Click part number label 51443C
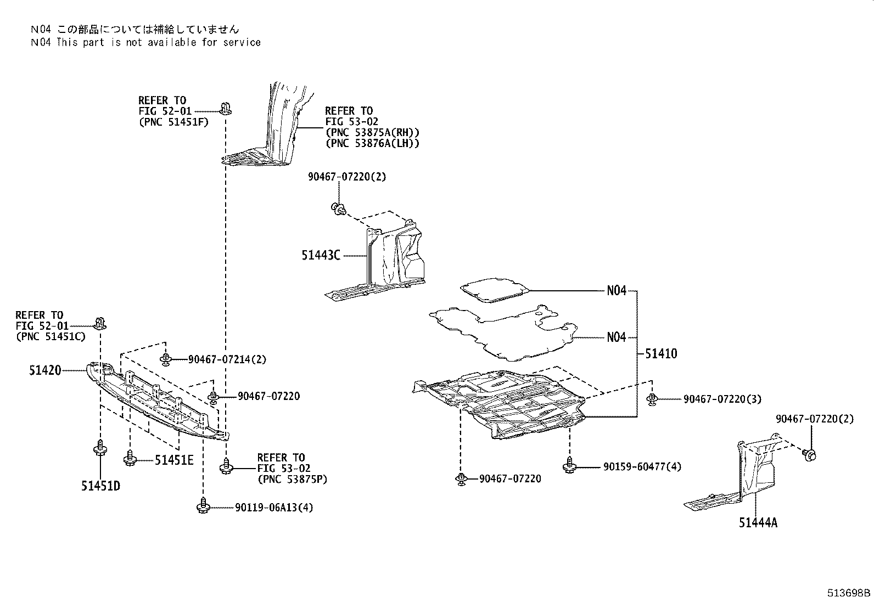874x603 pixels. point(320,255)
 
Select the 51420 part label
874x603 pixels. point(45,371)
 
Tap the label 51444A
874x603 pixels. point(758,523)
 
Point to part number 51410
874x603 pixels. point(660,354)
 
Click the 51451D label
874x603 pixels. point(100,486)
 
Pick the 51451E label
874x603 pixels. point(173,460)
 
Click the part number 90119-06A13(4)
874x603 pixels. point(274,508)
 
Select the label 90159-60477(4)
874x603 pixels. point(642,467)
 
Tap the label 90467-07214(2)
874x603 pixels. point(227,359)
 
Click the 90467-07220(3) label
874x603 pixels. point(722,399)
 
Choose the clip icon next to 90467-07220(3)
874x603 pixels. point(652,399)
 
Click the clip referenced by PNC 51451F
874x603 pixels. point(225,108)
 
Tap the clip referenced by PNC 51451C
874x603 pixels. point(100,323)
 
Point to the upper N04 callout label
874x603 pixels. point(616,291)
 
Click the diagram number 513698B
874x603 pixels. point(849,593)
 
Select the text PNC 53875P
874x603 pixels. point(292,479)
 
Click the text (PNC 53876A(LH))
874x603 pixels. point(372,143)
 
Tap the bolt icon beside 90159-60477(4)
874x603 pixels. point(569,466)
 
